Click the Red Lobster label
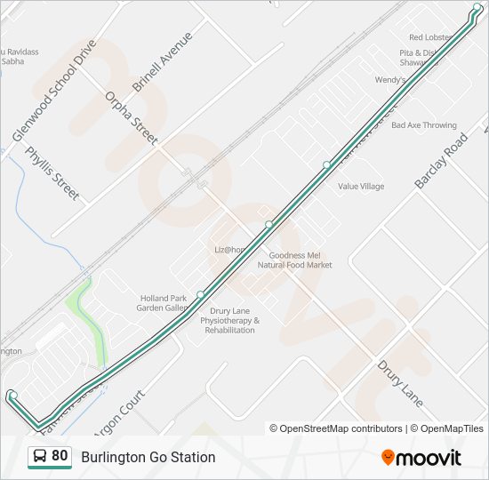click(430, 37)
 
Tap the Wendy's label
click(389, 80)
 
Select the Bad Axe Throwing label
click(423, 125)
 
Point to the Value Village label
click(361, 187)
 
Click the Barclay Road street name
click(440, 162)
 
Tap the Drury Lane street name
click(399, 383)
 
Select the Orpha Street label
click(131, 117)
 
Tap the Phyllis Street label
click(52, 172)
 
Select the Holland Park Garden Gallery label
click(163, 303)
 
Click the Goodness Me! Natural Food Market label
click(294, 260)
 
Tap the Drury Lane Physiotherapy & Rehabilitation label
click(228, 320)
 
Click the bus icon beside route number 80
click(40, 457)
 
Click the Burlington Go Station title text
click(148, 457)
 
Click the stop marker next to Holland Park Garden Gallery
click(201, 295)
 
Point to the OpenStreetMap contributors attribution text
click(336, 428)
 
